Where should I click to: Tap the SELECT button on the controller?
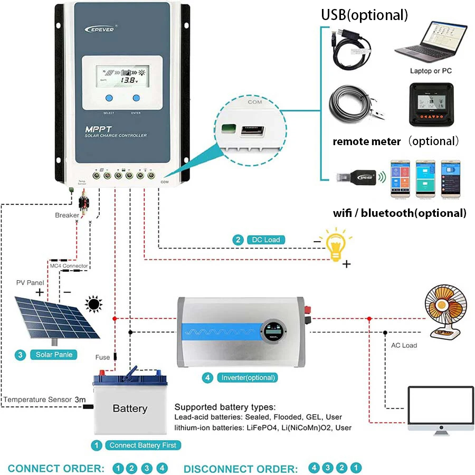(109, 98)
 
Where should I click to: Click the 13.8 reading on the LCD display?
(127, 81)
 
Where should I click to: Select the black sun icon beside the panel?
(94, 304)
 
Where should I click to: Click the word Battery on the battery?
(130, 408)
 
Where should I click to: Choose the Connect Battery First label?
(142, 445)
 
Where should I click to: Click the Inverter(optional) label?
(248, 377)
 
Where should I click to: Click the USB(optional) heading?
(365, 15)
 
